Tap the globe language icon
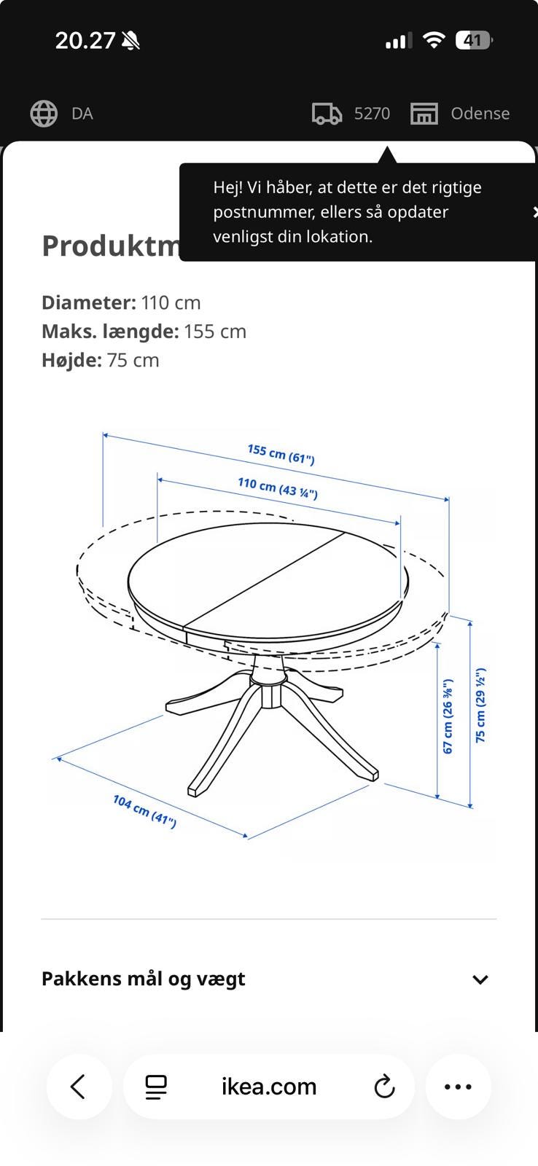coord(44,114)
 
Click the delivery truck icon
coord(327,114)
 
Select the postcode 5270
coord(372,114)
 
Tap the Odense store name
coord(480,114)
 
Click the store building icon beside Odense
coord(424,114)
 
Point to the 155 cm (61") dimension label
coord(281,454)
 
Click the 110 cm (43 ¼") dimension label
coord(278,488)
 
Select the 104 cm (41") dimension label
coord(145,811)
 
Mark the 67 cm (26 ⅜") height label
coord(448,716)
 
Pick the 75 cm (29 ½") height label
coord(480,705)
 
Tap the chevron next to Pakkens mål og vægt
coord(480,979)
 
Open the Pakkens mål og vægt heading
coord(143,979)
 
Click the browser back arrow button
coord(79,1087)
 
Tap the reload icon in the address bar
coord(384,1087)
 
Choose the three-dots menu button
coord(459,1087)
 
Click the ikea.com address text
coord(269,1087)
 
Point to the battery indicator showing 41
coord(473,40)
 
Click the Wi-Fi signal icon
coord(434,39)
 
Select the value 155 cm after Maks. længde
coord(215,332)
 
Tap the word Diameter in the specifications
coord(89,303)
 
